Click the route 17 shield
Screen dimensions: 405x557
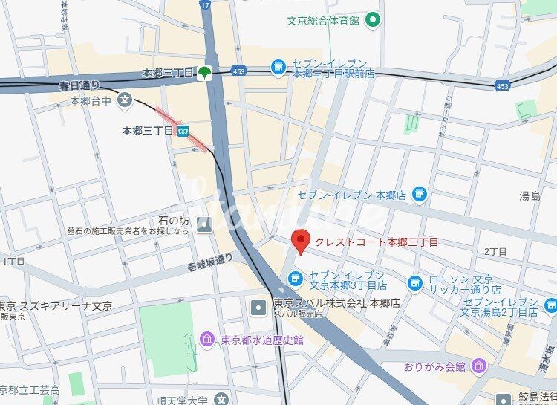[205, 5]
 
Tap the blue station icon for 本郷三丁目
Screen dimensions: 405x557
[182, 131]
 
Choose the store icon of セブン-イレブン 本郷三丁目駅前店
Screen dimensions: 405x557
[278, 67]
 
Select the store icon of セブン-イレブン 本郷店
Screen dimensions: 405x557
[420, 195]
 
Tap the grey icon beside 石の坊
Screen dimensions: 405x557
[204, 224]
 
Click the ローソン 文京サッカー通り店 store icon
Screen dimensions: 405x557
[415, 282]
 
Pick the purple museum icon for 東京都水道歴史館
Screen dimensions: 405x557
[209, 340]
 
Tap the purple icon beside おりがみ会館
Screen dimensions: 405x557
[479, 366]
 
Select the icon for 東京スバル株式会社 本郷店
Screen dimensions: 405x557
[258, 305]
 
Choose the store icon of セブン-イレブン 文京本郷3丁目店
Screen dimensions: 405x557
[296, 279]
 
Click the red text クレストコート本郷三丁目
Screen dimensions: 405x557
[376, 242]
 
